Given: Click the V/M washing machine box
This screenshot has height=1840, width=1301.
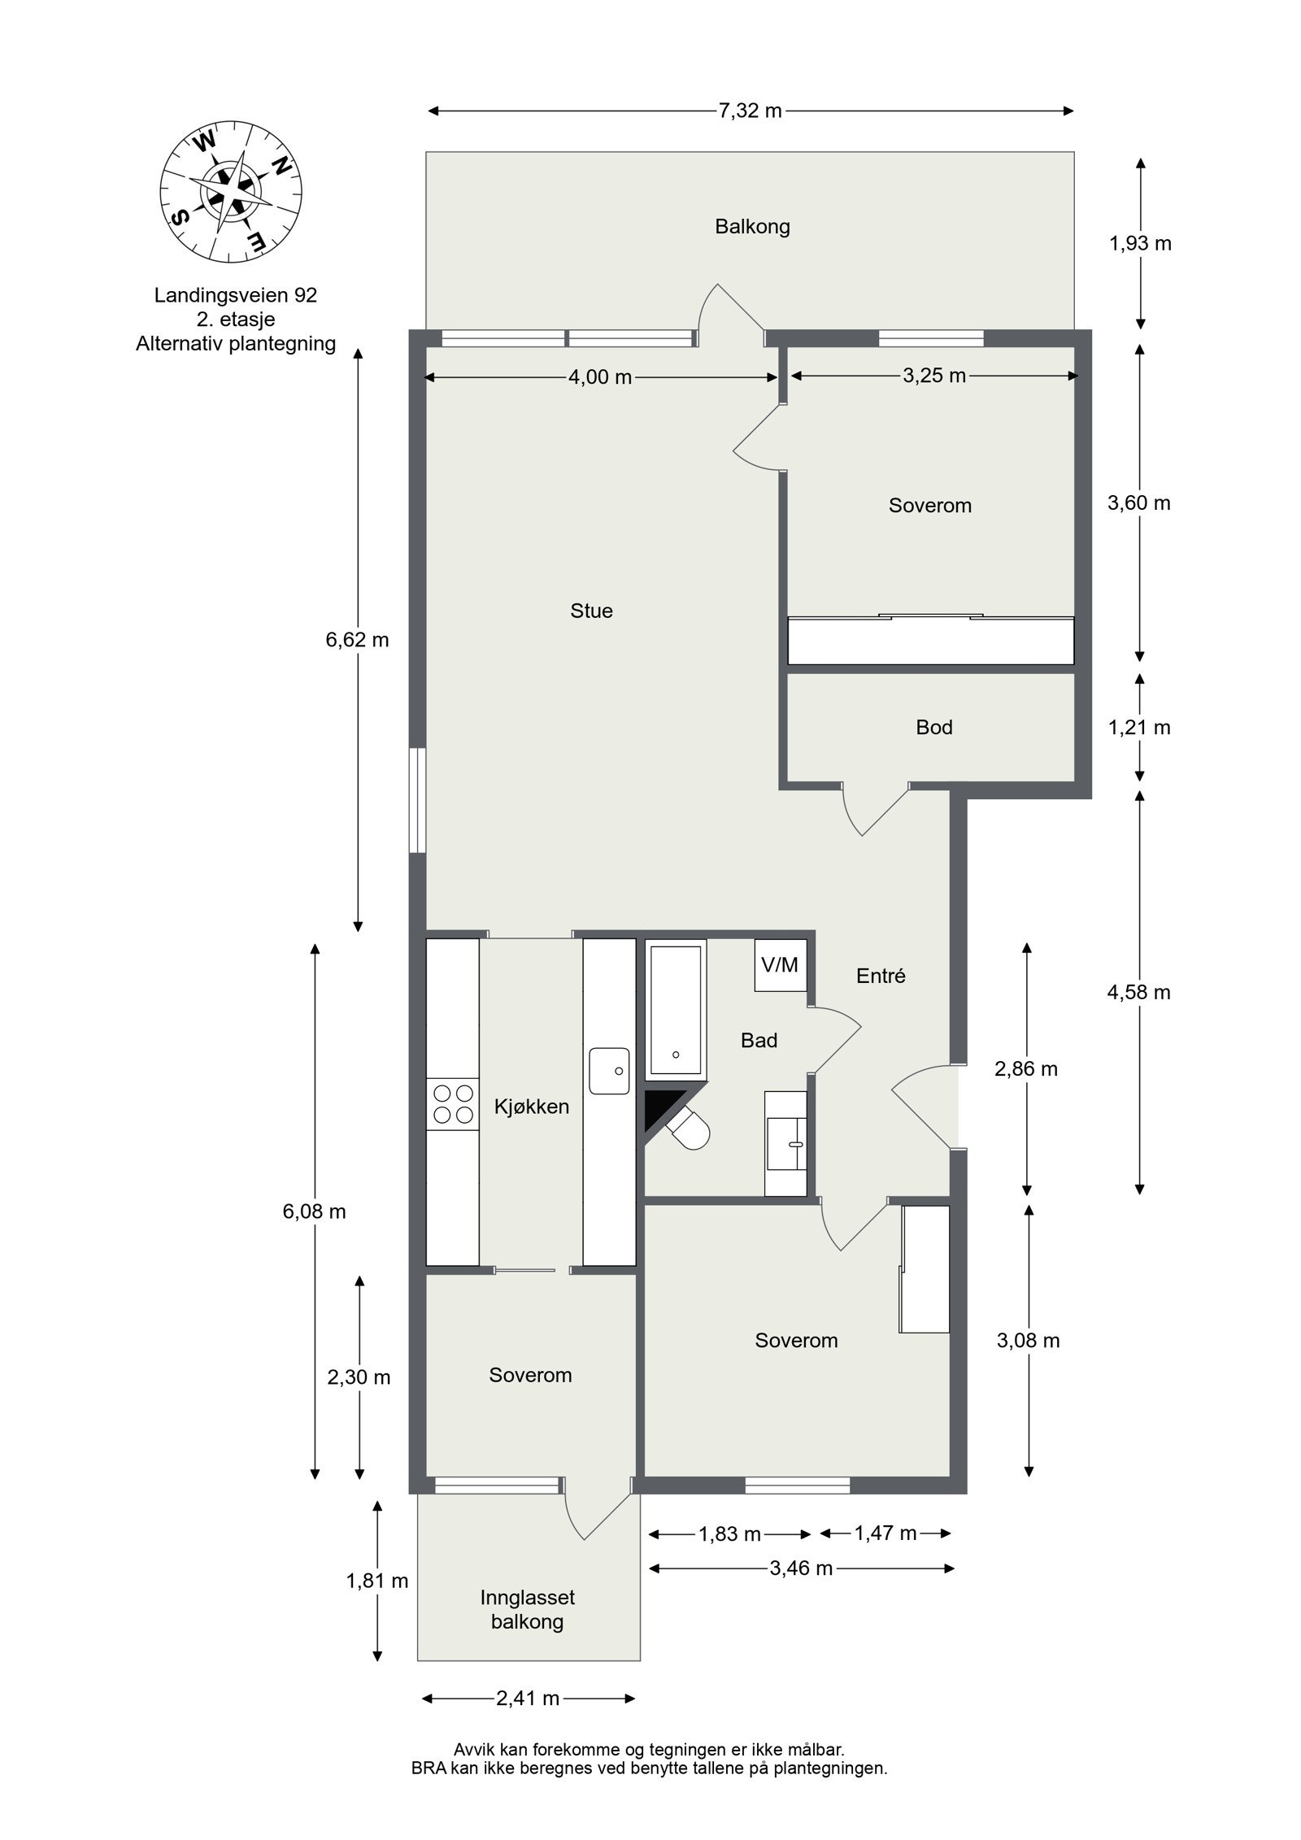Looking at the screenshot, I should tap(779, 965).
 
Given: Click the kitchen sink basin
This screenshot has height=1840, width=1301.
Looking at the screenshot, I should tap(609, 1071).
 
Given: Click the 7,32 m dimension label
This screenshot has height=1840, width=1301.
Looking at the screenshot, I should tap(749, 111).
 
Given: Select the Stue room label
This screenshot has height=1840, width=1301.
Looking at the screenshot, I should tap(591, 611).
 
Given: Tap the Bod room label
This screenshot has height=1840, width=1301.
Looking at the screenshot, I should tap(933, 727).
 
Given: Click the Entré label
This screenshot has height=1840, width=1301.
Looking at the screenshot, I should tap(881, 976).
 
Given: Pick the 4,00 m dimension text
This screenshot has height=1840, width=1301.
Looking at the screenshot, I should tap(600, 377).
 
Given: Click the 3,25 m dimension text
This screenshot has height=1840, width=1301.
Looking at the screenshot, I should tap(933, 376).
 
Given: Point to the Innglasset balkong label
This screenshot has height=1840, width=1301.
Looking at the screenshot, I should tap(527, 1609).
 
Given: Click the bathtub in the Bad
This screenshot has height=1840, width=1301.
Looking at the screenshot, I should tap(675, 1009).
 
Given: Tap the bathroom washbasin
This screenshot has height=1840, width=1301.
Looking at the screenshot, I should tap(786, 1142).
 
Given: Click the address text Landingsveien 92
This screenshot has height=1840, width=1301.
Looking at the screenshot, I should tap(236, 295).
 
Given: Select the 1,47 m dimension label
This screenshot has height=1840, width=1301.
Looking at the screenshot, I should tap(885, 1533).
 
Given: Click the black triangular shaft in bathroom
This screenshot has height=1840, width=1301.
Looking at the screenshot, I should tap(659, 1107).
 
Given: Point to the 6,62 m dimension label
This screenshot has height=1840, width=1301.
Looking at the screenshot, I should tap(357, 640).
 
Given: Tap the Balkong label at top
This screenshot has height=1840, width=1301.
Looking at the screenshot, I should tap(752, 226).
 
